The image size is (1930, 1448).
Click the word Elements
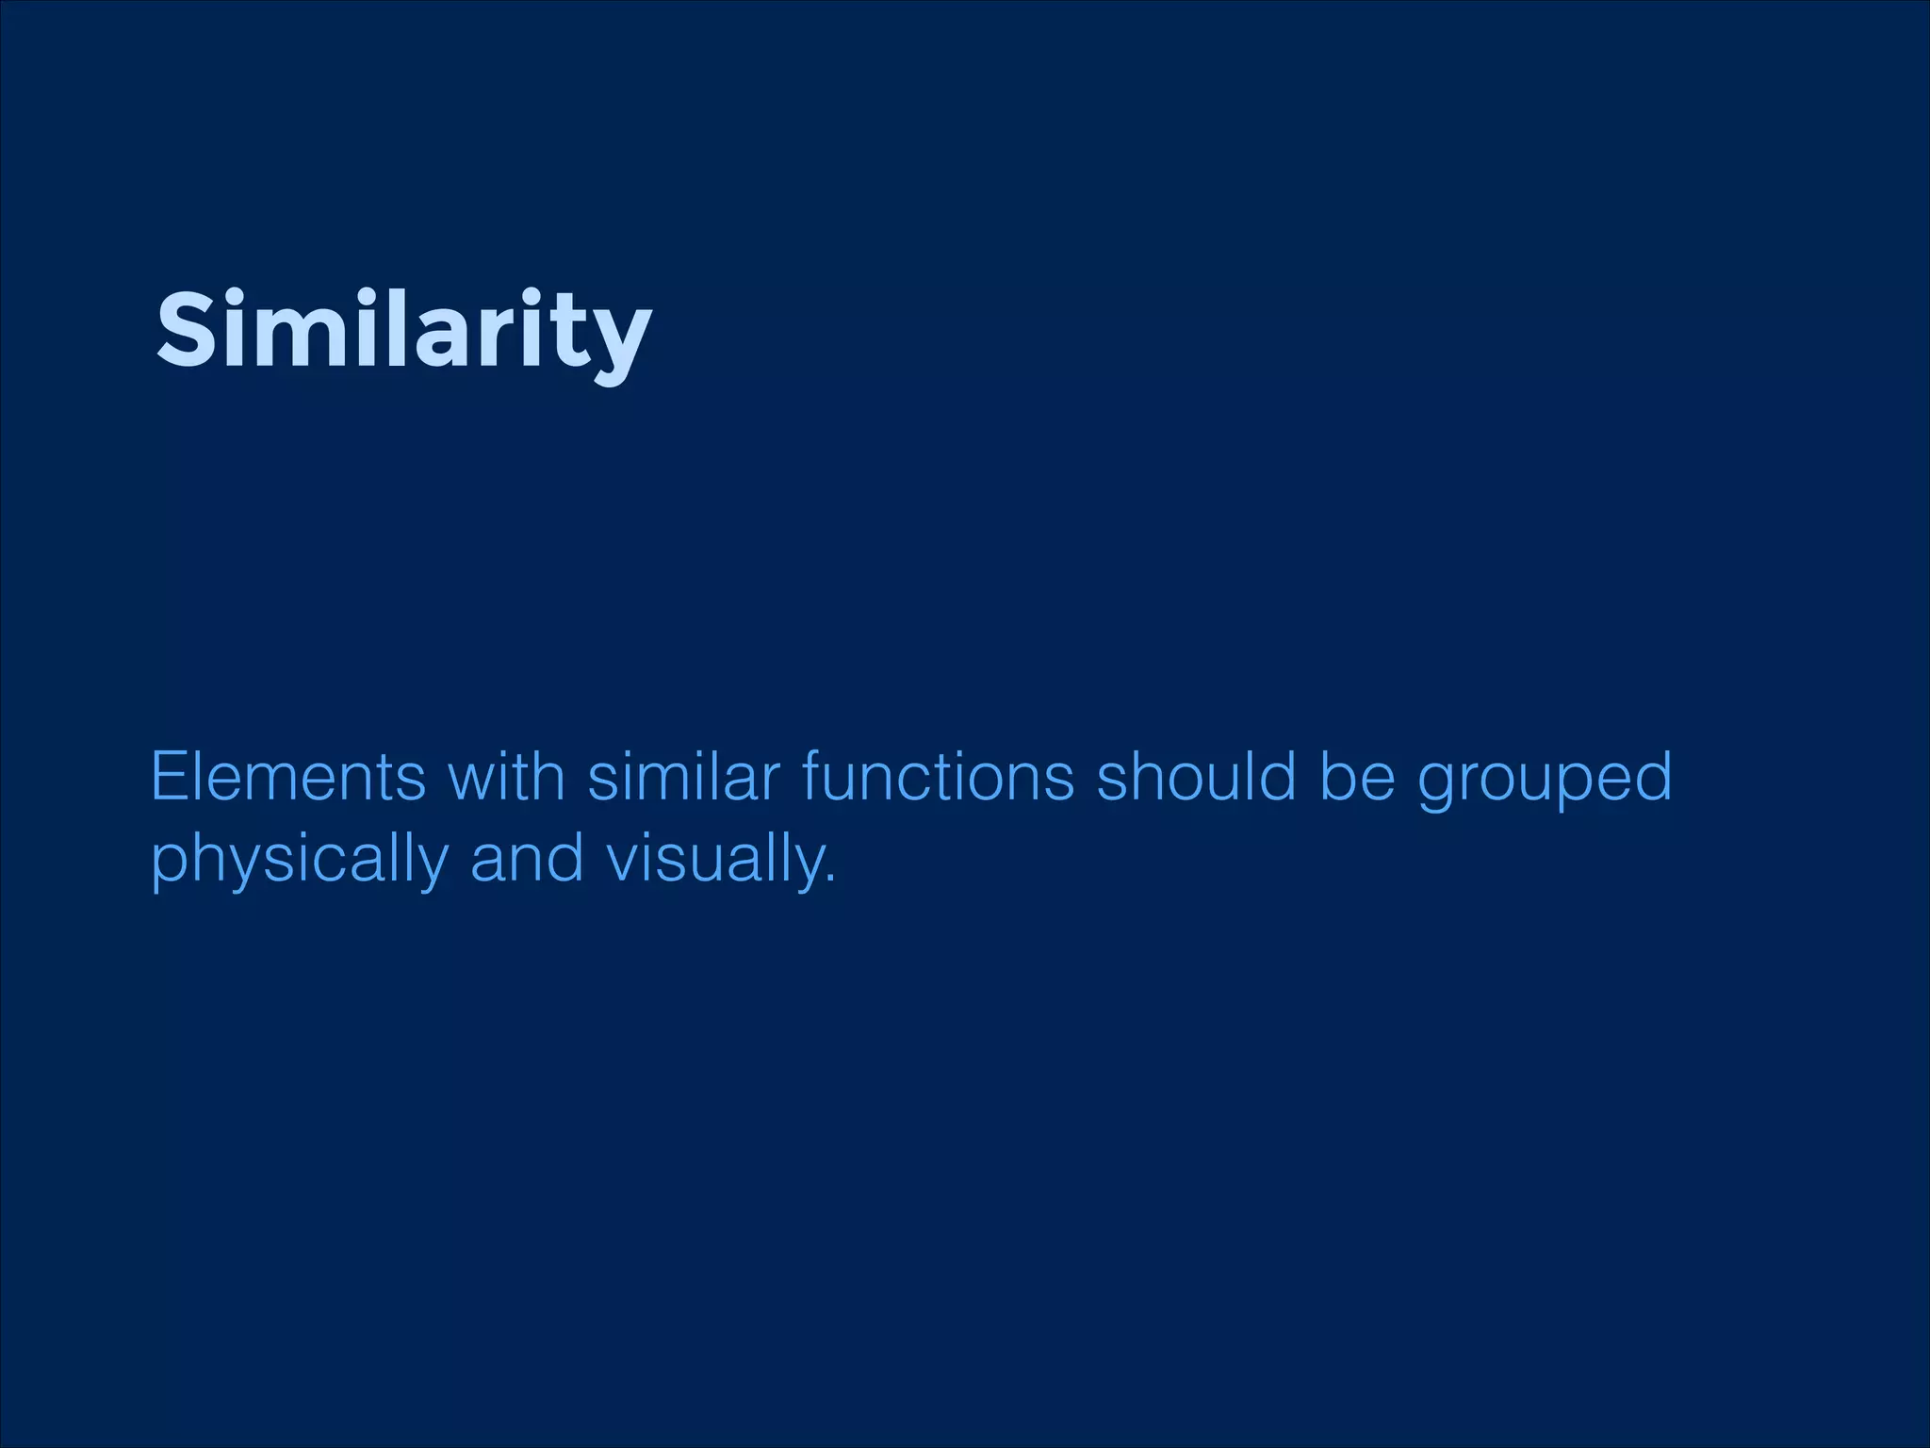click(x=288, y=778)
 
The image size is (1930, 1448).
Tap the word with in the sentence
click(x=506, y=778)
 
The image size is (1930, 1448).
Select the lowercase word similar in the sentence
click(x=684, y=778)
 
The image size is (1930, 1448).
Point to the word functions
click(x=938, y=778)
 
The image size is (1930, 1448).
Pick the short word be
click(x=1356, y=778)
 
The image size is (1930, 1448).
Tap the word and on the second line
click(x=527, y=860)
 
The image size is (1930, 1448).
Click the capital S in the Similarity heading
click(x=187, y=330)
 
